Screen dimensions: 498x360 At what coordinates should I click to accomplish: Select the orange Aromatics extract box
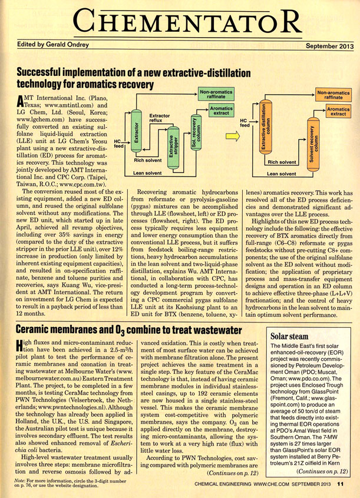click(x=338, y=111)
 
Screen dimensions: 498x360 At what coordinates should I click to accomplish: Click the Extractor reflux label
click(x=161, y=119)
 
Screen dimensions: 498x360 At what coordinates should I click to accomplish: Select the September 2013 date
click(x=329, y=45)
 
